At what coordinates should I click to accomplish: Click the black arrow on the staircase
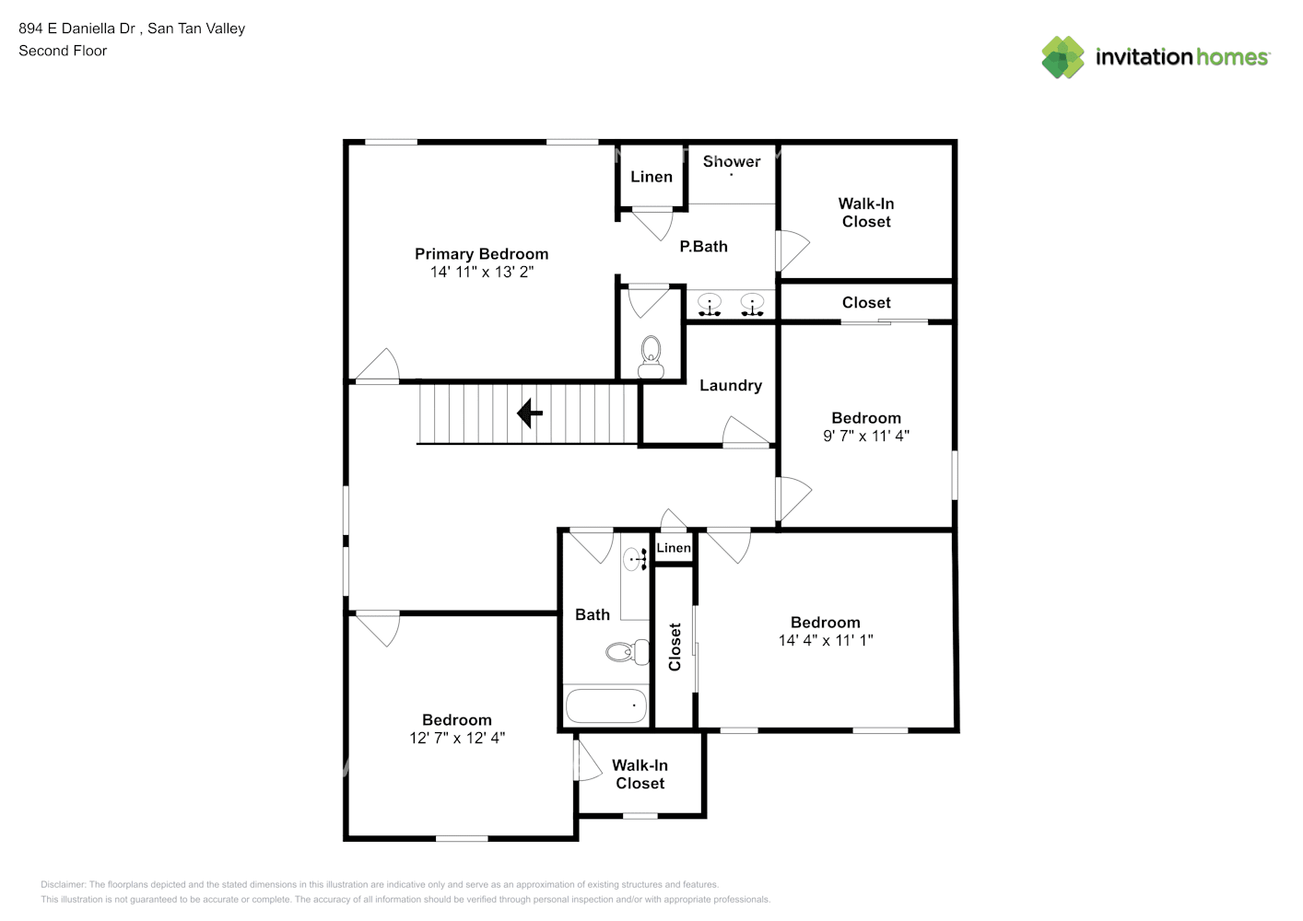pyautogui.click(x=530, y=414)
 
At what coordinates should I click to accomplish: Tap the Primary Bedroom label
pyautogui.click(x=481, y=254)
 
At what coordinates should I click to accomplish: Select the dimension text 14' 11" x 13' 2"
pyautogui.click(x=481, y=273)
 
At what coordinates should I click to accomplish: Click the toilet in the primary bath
pyautogui.click(x=651, y=356)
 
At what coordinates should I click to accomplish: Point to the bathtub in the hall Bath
pyautogui.click(x=605, y=706)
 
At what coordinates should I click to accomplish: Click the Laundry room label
pyautogui.click(x=730, y=386)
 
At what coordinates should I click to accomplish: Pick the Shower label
pyautogui.click(x=732, y=162)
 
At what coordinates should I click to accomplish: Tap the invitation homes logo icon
pyautogui.click(x=1062, y=57)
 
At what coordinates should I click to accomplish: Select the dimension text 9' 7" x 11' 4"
pyautogui.click(x=865, y=437)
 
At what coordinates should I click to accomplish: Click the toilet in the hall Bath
pyautogui.click(x=628, y=652)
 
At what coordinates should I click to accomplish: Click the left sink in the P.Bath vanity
pyautogui.click(x=710, y=304)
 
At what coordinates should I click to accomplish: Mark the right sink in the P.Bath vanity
pyautogui.click(x=753, y=304)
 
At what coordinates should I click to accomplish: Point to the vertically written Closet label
pyautogui.click(x=675, y=647)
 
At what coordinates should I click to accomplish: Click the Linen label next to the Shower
pyautogui.click(x=651, y=177)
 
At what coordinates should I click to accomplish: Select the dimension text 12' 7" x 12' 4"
pyautogui.click(x=457, y=738)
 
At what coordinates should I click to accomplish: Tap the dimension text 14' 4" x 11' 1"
pyautogui.click(x=825, y=640)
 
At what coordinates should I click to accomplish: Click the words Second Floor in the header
pyautogui.click(x=63, y=51)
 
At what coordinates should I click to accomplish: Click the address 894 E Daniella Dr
pyautogui.click(x=77, y=29)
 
